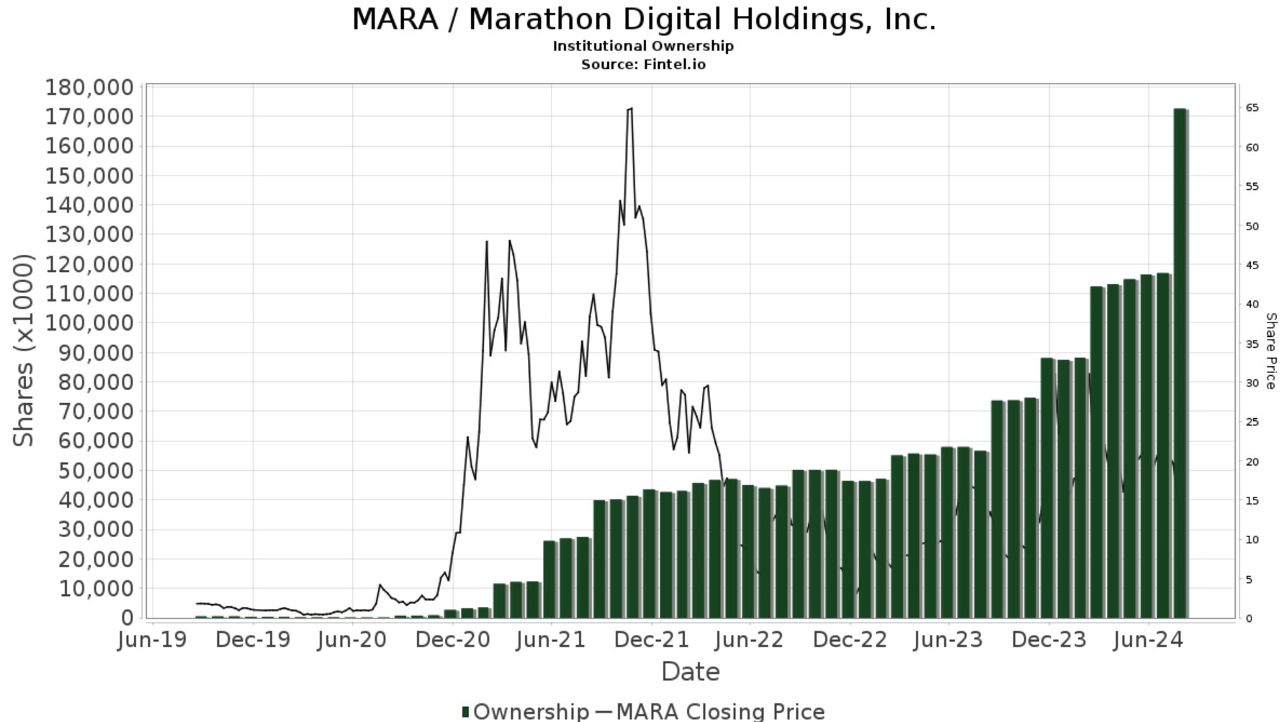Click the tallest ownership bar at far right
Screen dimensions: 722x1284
(1180, 360)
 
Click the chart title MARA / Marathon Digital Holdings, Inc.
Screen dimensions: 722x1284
(643, 19)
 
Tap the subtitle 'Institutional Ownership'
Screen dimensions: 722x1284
(643, 46)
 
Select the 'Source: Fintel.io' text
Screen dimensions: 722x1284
(643, 65)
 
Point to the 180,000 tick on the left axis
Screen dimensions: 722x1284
(89, 88)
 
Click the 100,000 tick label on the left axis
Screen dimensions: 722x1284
(89, 322)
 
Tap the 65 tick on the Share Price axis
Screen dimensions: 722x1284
(1252, 108)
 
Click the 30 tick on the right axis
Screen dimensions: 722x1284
(1252, 383)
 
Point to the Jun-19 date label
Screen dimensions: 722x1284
(153, 639)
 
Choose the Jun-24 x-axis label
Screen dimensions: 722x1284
(1148, 639)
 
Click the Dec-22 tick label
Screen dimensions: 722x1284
(850, 639)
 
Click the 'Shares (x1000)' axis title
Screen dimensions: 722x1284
(24, 350)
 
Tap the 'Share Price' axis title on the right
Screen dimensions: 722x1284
(1270, 351)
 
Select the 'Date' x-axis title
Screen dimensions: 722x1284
(690, 672)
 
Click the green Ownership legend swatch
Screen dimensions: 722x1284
(465, 712)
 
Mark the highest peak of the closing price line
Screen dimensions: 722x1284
(631, 109)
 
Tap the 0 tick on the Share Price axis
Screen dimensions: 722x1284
(1249, 618)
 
